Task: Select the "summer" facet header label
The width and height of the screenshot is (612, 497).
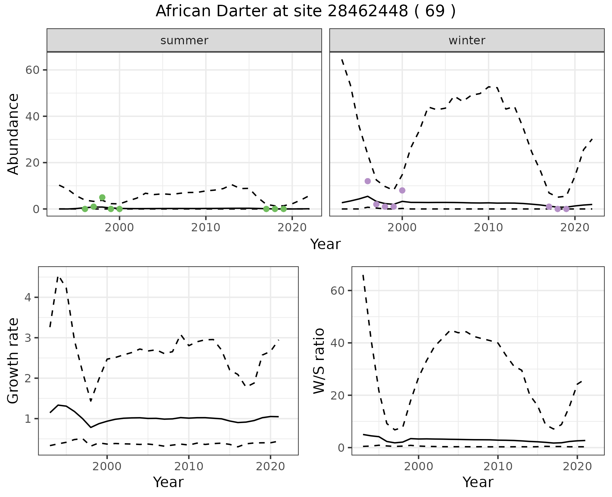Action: click(184, 40)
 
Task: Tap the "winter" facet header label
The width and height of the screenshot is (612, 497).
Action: click(467, 40)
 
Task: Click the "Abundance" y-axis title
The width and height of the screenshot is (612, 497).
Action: click(13, 134)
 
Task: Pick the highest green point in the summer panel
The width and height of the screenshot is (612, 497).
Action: click(102, 198)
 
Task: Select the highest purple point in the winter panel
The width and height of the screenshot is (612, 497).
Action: click(368, 181)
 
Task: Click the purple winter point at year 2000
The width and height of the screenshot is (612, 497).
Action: click(402, 190)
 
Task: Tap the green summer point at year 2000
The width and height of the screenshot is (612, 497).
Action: click(120, 209)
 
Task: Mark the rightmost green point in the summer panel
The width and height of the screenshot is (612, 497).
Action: click(283, 209)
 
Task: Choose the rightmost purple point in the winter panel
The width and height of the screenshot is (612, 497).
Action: click(566, 209)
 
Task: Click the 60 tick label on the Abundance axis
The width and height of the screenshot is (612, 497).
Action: click(32, 70)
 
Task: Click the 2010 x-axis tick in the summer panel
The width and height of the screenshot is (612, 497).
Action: click(206, 228)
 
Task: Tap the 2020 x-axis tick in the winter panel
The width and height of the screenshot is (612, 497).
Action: click(574, 228)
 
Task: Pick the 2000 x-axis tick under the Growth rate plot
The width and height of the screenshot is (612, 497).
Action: click(107, 467)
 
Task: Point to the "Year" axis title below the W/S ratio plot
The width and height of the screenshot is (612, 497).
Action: click(478, 482)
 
